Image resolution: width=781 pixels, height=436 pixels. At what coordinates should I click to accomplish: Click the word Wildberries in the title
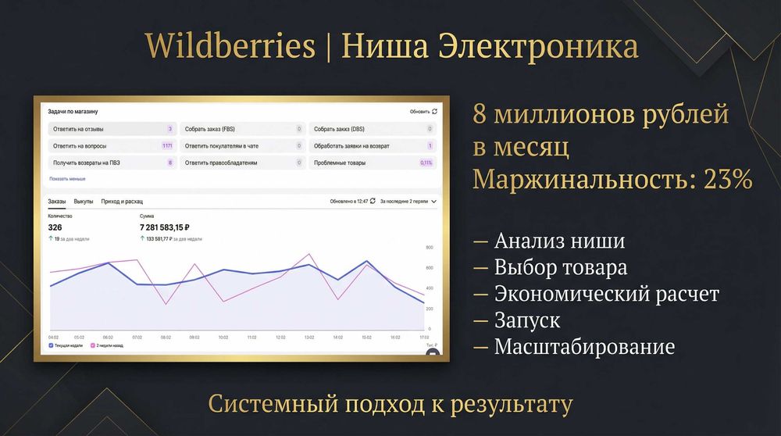230,48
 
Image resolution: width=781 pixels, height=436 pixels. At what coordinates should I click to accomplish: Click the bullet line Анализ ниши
559,241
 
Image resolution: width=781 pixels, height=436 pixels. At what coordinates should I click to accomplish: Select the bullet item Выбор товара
560,267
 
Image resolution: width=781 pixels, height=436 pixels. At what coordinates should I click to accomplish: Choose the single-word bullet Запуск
527,320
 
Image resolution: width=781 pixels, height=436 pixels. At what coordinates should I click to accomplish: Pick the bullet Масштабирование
584,346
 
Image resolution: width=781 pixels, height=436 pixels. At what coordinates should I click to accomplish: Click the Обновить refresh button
423,112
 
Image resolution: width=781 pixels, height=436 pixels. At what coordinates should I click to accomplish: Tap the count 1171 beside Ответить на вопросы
167,146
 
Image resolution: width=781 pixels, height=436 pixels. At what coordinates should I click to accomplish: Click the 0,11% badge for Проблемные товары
426,163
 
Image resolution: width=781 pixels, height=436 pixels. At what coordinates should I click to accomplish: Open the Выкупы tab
84,202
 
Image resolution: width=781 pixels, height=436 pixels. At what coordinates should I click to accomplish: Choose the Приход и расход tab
122,202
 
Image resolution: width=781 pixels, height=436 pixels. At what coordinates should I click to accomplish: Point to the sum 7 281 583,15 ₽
165,227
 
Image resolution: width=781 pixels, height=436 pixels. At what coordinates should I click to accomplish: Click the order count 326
55,227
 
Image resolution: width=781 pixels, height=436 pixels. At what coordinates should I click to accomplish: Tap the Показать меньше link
67,179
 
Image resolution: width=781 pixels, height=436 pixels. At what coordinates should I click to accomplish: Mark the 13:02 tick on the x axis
308,338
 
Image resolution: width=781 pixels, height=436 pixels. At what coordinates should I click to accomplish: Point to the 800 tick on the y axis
429,248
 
